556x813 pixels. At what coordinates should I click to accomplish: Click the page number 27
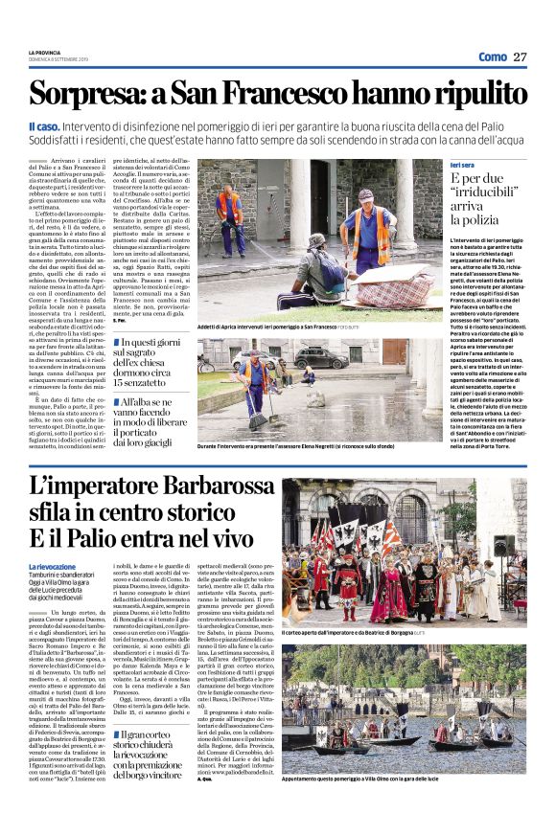520,56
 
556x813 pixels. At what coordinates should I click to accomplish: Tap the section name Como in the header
492,56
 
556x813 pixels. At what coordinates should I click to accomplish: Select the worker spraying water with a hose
230,217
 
